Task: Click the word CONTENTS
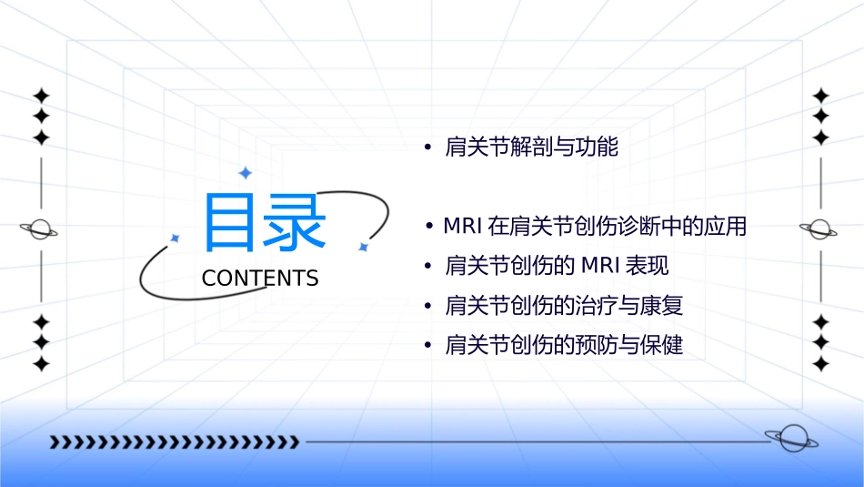260,279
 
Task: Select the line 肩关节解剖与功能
531,147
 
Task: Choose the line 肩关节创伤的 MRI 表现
557,266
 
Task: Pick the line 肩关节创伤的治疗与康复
564,306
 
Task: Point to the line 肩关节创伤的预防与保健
564,346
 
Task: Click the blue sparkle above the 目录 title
245,173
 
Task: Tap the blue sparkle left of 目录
175,238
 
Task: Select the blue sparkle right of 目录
363,247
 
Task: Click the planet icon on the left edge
40,229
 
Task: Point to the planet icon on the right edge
819,229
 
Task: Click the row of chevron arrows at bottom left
174,442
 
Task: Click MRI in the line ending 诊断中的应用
462,227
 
